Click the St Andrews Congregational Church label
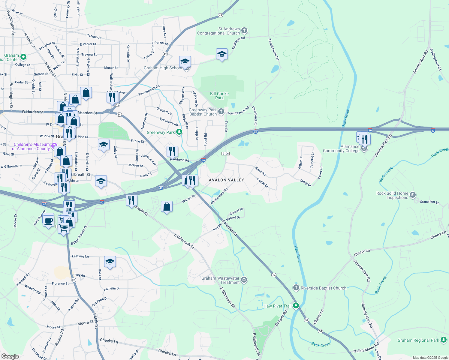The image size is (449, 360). (x=218, y=31)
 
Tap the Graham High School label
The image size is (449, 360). (x=163, y=68)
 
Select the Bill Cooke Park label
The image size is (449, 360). (x=219, y=96)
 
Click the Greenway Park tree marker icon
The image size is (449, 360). (x=179, y=132)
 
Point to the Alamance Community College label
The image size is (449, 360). (x=341, y=148)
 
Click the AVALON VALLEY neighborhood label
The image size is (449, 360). (x=226, y=180)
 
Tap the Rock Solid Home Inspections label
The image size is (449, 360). (x=392, y=195)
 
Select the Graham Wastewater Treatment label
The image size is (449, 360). (x=220, y=280)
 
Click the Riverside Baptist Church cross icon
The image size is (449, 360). (x=296, y=288)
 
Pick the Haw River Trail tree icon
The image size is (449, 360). (x=296, y=306)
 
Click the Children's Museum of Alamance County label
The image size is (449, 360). (x=31, y=146)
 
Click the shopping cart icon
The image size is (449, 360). (x=64, y=228)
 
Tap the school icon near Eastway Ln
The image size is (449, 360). (x=110, y=262)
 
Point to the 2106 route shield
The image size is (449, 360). (x=226, y=154)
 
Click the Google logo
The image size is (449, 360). (x=10, y=356)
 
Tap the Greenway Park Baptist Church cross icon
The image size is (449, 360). (x=221, y=112)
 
